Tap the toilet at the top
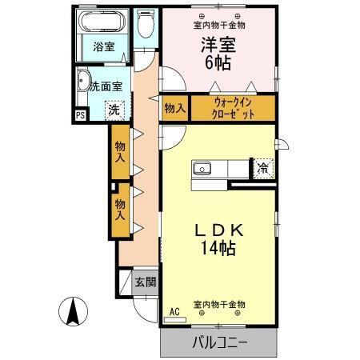[x=145, y=26]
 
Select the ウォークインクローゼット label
[x=234, y=107]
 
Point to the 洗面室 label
[x=105, y=86]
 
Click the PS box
[x=80, y=115]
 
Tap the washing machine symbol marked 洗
[x=116, y=108]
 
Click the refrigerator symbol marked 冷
[x=263, y=168]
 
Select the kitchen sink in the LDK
[x=203, y=168]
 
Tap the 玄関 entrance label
[x=145, y=282]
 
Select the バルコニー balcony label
[x=219, y=343]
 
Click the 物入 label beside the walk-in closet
[x=174, y=107]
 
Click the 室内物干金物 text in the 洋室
[x=219, y=25]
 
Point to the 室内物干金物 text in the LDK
[x=219, y=305]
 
